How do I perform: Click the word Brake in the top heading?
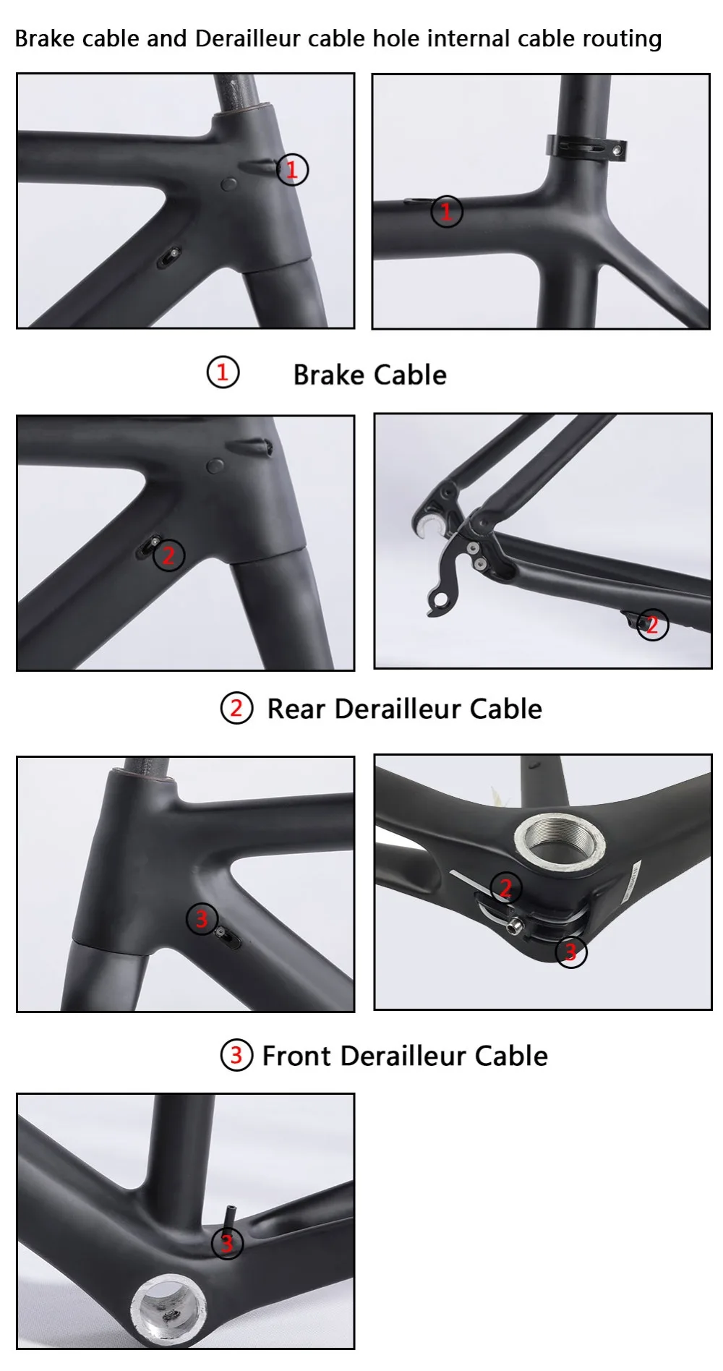coord(46,38)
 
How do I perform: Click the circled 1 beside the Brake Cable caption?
coord(223,373)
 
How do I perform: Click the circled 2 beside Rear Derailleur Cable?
coord(236,709)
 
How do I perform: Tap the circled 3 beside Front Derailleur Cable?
coord(236,1056)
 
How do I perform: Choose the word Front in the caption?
coord(296,1056)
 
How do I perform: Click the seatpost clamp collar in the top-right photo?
coord(586,148)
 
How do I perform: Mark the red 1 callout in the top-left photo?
coord(292,170)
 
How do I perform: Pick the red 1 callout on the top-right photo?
coord(446,212)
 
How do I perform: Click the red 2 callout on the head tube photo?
coord(168,555)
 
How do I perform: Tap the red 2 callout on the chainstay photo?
coord(652,625)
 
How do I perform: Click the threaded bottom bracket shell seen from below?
coord(559,843)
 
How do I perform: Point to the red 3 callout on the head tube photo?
coord(202,918)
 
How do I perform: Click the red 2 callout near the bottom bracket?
coord(506,887)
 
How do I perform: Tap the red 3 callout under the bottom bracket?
coord(570,952)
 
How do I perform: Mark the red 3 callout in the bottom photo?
coord(227,1244)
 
